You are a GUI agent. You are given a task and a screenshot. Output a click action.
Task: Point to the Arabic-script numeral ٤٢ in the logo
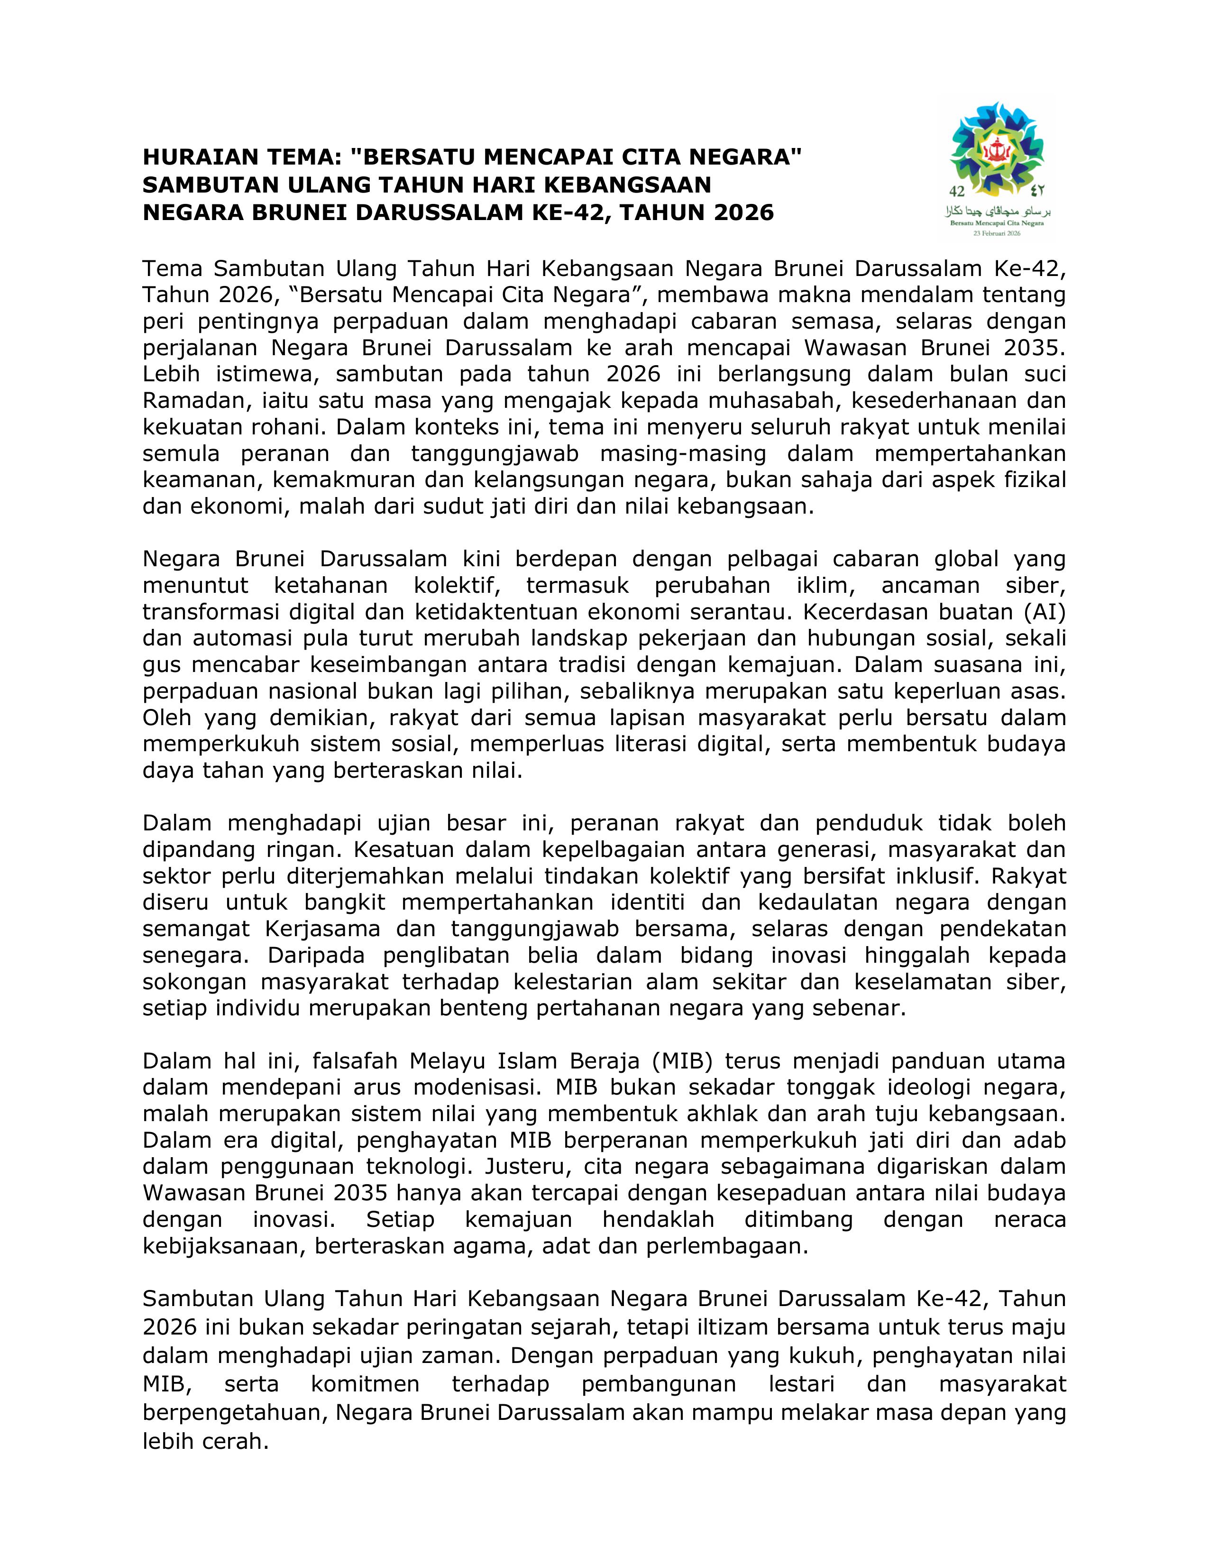coord(1037,191)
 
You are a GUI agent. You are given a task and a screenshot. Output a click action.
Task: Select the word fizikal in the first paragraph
coord(1036,479)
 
